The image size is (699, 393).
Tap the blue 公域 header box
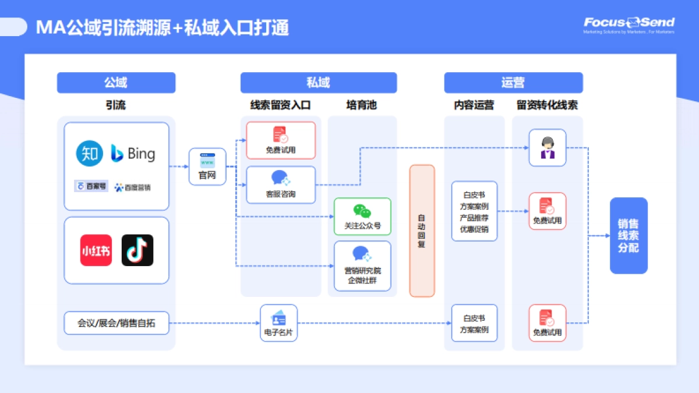pos(116,83)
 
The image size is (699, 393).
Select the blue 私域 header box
pos(318,83)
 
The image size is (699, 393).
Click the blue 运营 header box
pos(513,83)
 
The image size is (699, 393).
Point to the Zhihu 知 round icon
pos(90,153)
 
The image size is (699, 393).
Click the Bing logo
pos(133,154)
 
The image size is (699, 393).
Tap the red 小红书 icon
pos(96,250)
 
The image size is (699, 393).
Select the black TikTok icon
pos(137,250)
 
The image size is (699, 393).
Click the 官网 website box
pos(207,167)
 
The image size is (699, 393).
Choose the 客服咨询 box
pos(281,185)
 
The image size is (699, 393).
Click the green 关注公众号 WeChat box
pos(362,216)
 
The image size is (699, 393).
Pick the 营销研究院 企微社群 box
pos(362,265)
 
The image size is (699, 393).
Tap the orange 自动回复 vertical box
pos(422,231)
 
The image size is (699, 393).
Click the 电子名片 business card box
pos(278,323)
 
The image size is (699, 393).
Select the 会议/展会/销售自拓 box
pos(116,323)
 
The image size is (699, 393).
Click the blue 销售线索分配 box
pos(629,235)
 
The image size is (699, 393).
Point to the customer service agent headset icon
pos(547,147)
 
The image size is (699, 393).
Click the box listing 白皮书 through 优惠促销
pos(474,211)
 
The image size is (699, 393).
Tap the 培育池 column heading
pos(362,105)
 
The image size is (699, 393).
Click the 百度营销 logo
pos(133,187)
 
